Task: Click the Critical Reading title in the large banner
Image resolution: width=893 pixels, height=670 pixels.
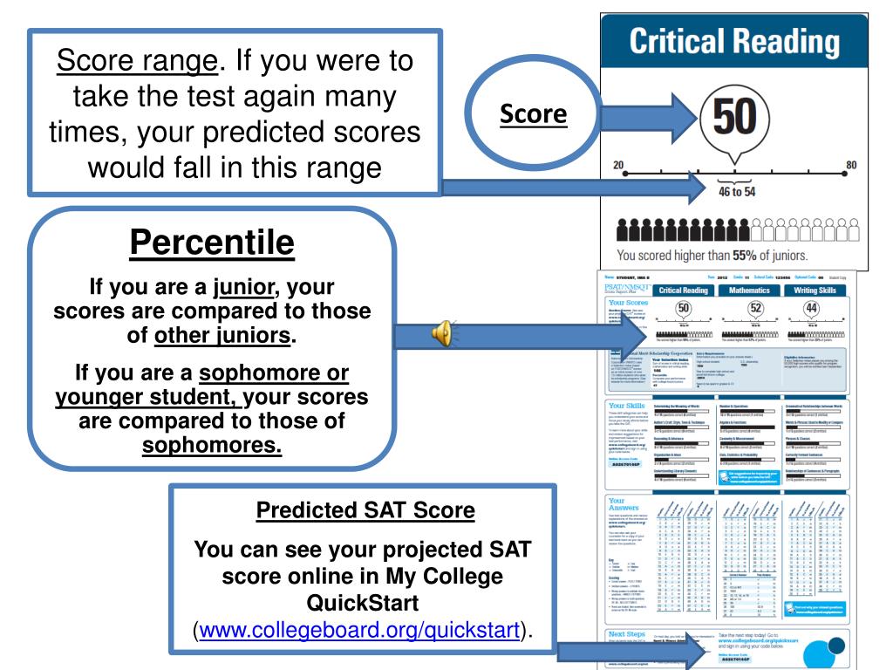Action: pyautogui.click(x=734, y=40)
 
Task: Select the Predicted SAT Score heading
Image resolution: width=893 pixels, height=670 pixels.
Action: pyautogui.click(x=359, y=510)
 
